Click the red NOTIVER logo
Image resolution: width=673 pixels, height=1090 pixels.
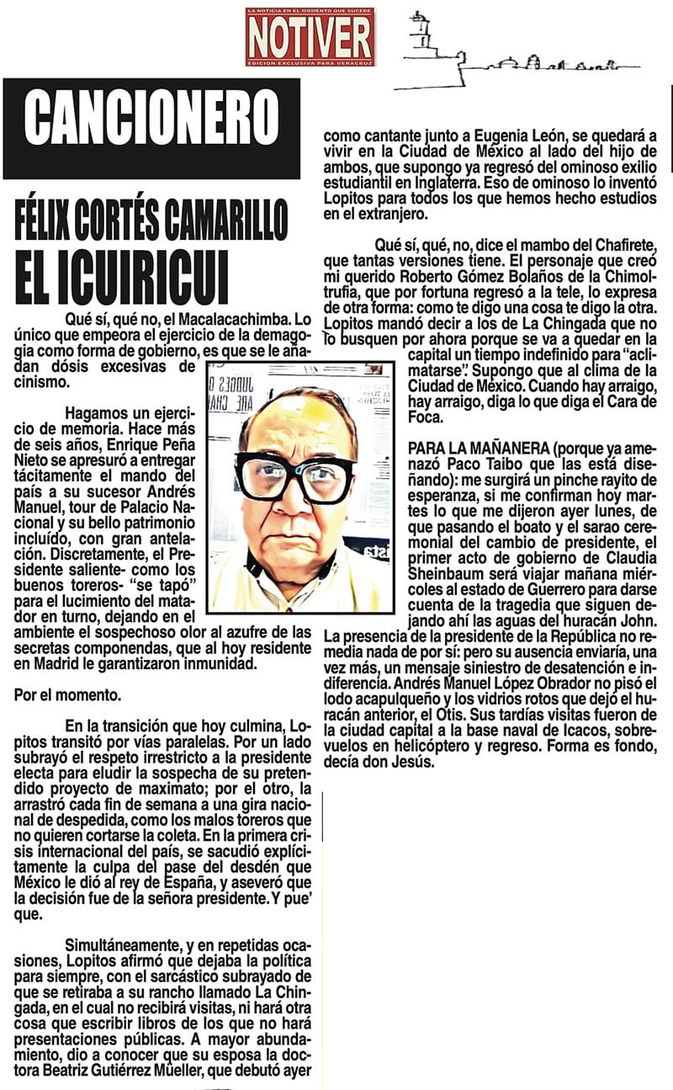coord(310,37)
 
